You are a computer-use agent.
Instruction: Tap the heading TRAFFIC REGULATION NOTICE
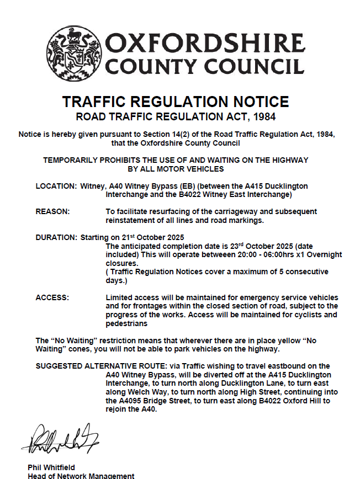coord(176,102)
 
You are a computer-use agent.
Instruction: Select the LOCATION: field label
coord(56,186)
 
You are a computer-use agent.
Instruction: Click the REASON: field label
coord(52,212)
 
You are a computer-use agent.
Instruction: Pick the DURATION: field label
coord(56,237)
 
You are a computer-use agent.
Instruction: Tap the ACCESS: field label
coord(52,297)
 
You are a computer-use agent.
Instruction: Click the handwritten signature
coord(60,438)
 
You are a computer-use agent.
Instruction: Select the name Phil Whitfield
coord(51,467)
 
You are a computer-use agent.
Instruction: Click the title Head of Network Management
coord(81,476)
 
